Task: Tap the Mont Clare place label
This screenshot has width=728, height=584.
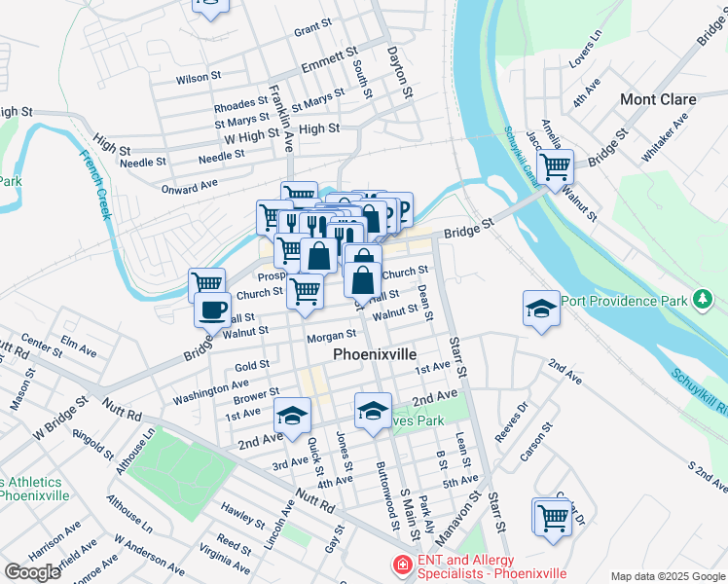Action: [x=659, y=99]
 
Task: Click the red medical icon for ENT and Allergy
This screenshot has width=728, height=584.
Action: [x=400, y=565]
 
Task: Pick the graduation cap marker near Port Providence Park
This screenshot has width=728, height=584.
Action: [x=541, y=309]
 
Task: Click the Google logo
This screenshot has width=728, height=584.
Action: [x=32, y=572]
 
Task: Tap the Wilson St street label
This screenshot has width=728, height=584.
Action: [x=199, y=77]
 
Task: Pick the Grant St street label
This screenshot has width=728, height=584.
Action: [x=312, y=30]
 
